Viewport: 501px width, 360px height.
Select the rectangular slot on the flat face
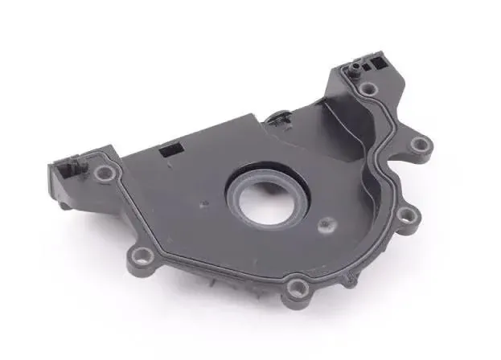pos(170,149)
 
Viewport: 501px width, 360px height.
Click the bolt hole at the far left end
pos(103,173)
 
